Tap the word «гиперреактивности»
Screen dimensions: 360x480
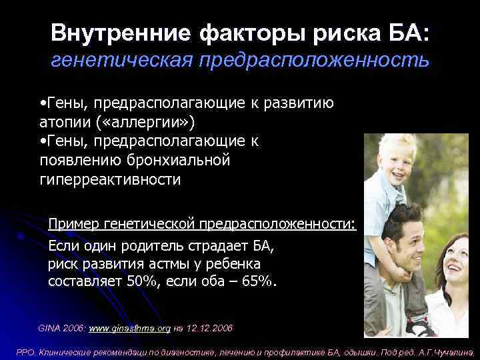[x=110, y=179]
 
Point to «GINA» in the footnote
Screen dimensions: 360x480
[x=49, y=329]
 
